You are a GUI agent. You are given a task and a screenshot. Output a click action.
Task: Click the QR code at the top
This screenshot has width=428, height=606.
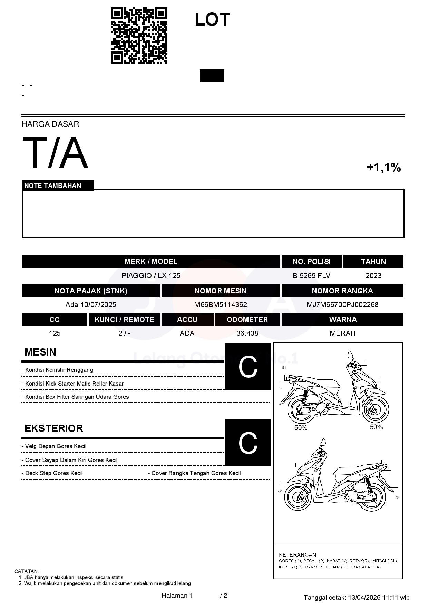(x=139, y=36)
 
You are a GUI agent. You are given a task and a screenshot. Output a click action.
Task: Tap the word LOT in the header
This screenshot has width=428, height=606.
(x=212, y=20)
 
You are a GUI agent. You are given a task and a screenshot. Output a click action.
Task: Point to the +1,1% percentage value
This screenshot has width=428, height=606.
(x=383, y=168)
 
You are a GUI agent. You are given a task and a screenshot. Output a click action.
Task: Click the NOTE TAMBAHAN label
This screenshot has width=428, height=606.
(x=53, y=186)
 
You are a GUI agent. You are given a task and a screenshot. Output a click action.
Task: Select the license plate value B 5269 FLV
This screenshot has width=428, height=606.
(x=311, y=276)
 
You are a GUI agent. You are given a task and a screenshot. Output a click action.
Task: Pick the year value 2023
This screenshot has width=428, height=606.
(x=373, y=276)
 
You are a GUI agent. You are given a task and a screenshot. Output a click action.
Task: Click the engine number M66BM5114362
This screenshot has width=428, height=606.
(x=221, y=305)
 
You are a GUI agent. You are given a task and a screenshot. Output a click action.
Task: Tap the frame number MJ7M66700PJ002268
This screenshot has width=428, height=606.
(x=342, y=305)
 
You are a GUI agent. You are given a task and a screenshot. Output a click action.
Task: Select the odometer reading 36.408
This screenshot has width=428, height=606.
(x=247, y=333)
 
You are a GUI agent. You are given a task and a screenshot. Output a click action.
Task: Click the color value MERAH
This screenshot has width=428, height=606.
(x=342, y=333)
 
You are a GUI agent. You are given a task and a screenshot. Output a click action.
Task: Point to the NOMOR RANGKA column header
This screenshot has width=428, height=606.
(x=342, y=291)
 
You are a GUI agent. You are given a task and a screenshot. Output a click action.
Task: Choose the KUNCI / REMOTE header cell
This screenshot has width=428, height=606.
(x=124, y=320)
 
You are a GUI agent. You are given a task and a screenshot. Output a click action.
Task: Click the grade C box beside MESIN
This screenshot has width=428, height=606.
(x=248, y=367)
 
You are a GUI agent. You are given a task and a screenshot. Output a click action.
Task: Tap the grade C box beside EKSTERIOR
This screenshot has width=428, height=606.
(x=248, y=443)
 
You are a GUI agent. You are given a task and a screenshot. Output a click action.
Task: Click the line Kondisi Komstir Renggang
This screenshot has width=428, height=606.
(x=59, y=370)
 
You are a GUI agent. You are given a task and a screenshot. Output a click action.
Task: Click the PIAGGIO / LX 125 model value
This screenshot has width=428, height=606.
(x=151, y=276)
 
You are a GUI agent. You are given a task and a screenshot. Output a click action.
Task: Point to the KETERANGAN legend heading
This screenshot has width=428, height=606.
(x=298, y=555)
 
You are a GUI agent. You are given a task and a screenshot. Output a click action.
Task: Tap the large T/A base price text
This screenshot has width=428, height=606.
(x=55, y=153)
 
